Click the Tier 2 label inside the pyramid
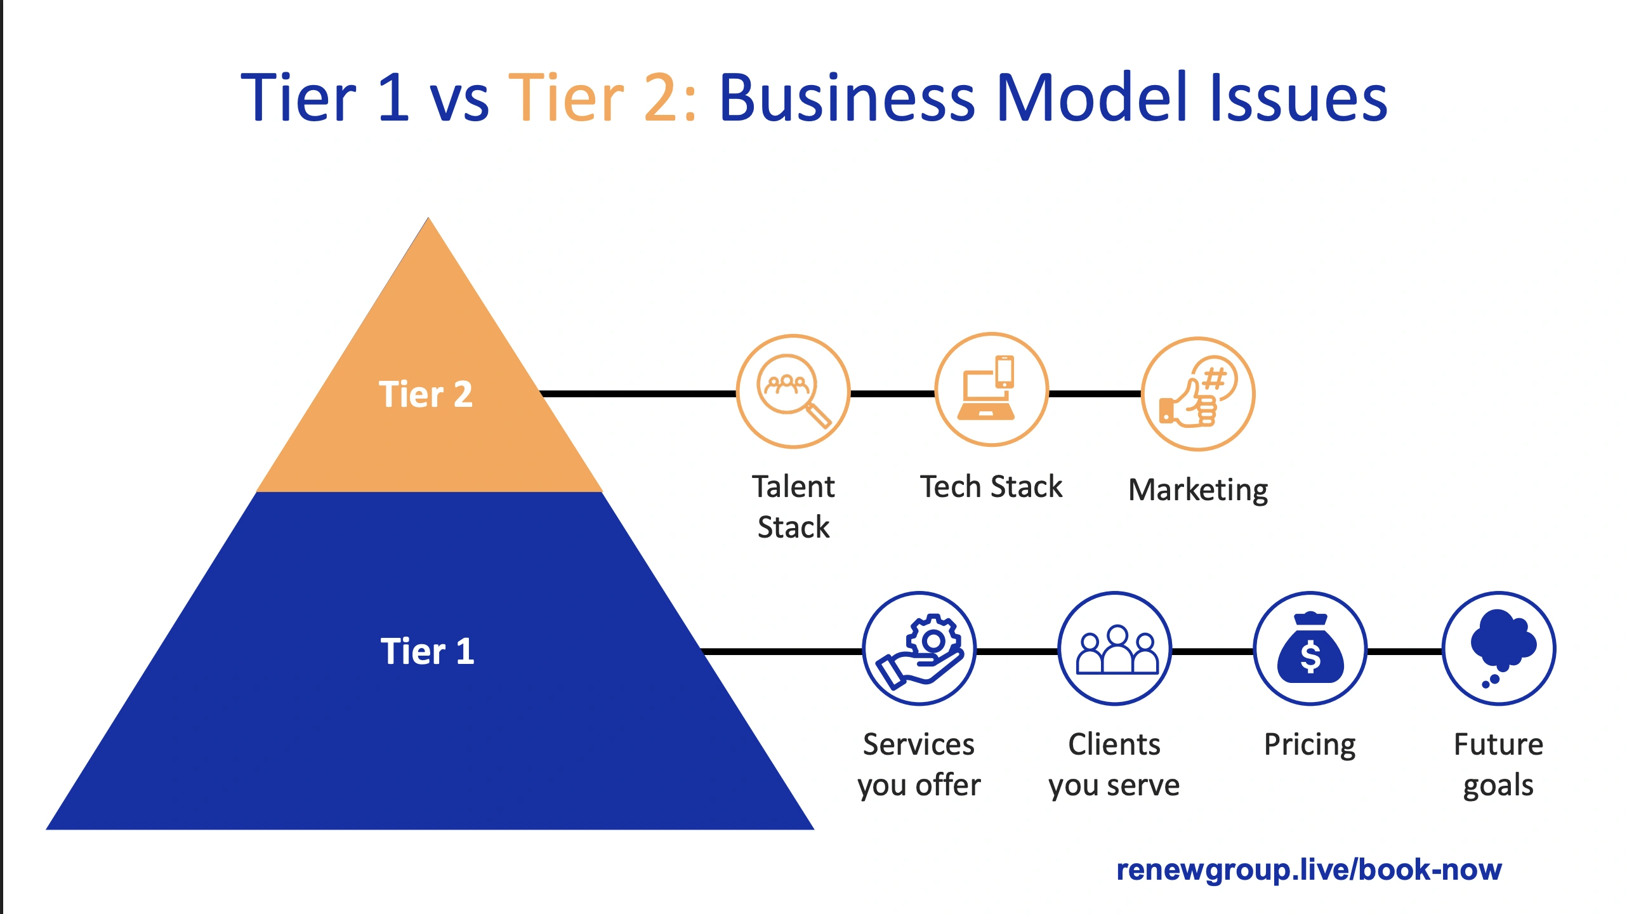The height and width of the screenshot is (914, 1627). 426,394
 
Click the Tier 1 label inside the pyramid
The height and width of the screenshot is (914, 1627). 427,651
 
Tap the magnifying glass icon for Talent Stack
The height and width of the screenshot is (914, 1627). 793,392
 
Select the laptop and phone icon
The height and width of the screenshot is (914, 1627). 991,390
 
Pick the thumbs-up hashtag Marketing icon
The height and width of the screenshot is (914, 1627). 1198,394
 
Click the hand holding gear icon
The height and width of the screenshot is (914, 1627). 919,649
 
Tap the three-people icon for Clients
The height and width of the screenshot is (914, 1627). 1115,649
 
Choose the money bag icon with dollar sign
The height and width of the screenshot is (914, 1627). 1310,649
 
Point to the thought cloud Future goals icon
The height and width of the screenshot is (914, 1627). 1499,649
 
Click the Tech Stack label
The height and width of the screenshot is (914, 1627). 991,487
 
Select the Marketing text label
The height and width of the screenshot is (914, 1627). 1198,490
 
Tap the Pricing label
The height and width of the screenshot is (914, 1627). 1310,745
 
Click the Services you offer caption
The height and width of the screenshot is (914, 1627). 919,765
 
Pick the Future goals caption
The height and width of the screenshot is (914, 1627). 1499,765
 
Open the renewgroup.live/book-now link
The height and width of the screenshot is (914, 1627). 1308,870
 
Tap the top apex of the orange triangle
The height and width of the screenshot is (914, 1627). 429,222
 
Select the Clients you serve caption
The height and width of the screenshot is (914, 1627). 1114,765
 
